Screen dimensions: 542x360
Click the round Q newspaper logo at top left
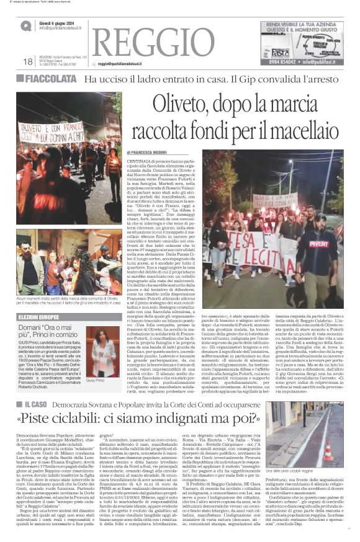[x=26, y=25]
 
